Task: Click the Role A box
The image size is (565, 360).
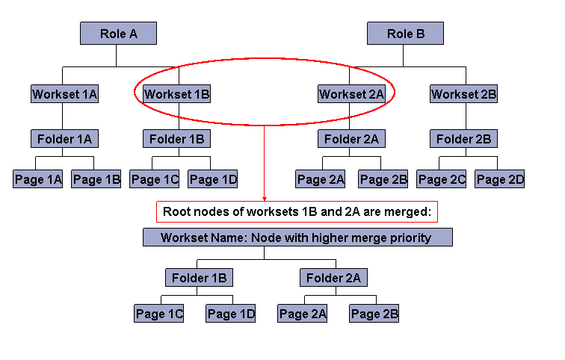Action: (118, 34)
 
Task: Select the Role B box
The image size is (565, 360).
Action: (405, 34)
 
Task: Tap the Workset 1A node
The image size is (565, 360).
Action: (64, 94)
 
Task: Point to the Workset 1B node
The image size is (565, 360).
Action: (176, 94)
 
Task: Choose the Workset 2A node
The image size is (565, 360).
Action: (351, 94)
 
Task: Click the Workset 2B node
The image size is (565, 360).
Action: (463, 94)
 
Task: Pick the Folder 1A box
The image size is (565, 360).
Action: (64, 138)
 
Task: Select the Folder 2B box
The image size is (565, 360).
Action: (463, 138)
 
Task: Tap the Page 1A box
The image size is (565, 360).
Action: (38, 179)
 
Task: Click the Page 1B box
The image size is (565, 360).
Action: (96, 179)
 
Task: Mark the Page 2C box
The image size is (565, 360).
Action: (442, 179)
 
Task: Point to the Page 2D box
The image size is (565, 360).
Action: (500, 179)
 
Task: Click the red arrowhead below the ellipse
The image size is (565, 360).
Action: (264, 199)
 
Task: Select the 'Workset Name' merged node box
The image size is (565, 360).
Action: (297, 238)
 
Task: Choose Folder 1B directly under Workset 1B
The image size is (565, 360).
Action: (176, 138)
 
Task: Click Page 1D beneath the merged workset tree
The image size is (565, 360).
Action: (231, 314)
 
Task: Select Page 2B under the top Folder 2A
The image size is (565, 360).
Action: (383, 179)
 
